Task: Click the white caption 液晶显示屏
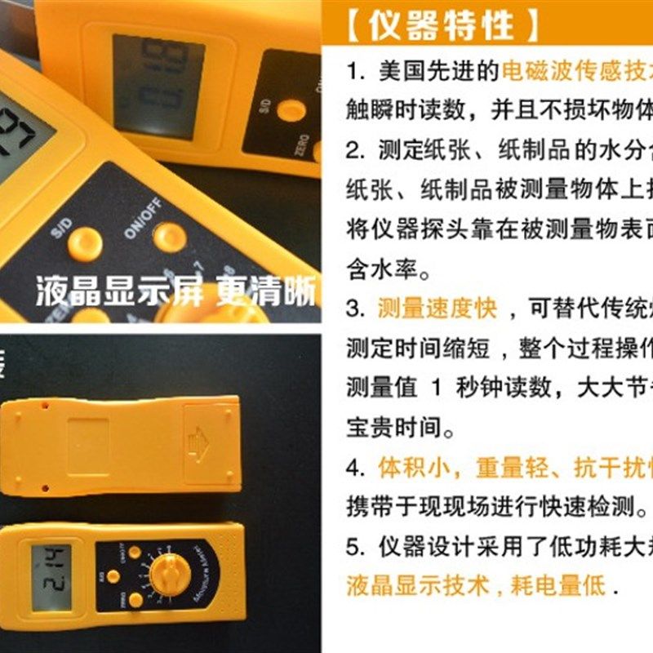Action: (x=119, y=293)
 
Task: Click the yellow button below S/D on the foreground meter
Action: (x=84, y=244)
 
